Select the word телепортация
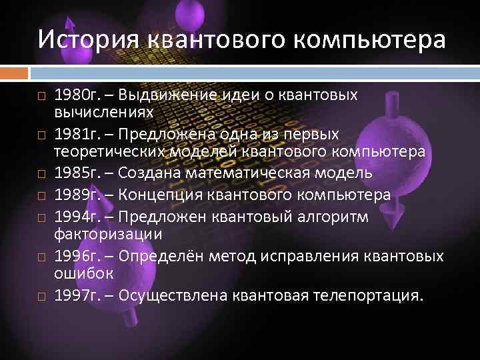[x=366, y=295]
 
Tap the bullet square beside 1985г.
[x=41, y=175]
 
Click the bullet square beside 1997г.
[x=41, y=297]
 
